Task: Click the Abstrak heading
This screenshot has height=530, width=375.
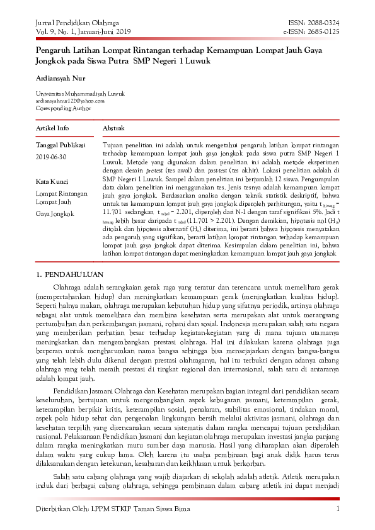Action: pos(114,128)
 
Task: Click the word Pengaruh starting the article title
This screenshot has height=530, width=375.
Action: pos(54,49)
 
